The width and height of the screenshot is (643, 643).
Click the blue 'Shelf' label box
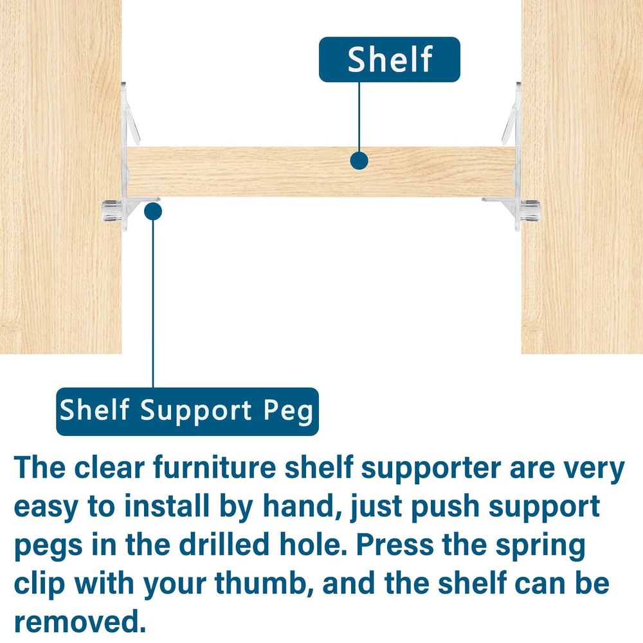[x=389, y=59]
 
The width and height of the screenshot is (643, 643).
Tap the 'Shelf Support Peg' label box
[x=187, y=412]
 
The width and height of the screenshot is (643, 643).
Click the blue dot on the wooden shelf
[x=359, y=161]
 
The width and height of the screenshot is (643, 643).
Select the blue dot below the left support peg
[x=153, y=212]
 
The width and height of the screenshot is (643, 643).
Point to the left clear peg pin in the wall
[x=111, y=210]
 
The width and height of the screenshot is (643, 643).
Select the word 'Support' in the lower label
[x=195, y=412]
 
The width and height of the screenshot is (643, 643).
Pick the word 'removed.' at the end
[x=80, y=622]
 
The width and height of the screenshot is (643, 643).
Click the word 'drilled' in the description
[x=224, y=545]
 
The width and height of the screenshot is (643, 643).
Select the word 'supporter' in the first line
[x=431, y=469]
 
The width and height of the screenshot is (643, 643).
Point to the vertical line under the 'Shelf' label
[x=359, y=117]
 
